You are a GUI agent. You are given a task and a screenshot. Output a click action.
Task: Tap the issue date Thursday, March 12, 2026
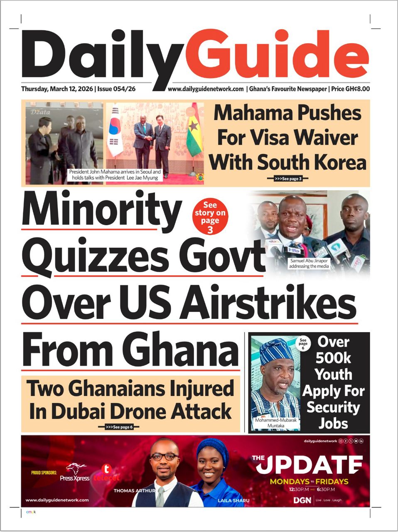[x=57, y=89]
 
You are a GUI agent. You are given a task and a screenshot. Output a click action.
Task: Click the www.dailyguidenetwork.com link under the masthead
[x=206, y=89]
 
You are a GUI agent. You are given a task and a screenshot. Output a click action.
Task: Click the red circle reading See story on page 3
[x=210, y=217]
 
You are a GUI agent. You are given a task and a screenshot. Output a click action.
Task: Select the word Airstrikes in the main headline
[x=268, y=303]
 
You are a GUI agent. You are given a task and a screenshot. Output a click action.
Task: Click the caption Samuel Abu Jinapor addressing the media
[x=310, y=264]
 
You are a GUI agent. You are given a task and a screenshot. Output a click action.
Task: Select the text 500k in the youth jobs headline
[x=333, y=357]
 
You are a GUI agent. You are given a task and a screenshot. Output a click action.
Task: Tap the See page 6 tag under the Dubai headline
[x=118, y=427]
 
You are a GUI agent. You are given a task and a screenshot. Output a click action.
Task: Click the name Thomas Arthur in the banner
[x=130, y=491]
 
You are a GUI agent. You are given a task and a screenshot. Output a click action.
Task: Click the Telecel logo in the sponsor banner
[x=106, y=474]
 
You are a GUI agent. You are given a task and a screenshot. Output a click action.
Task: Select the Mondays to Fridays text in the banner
[x=309, y=482]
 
